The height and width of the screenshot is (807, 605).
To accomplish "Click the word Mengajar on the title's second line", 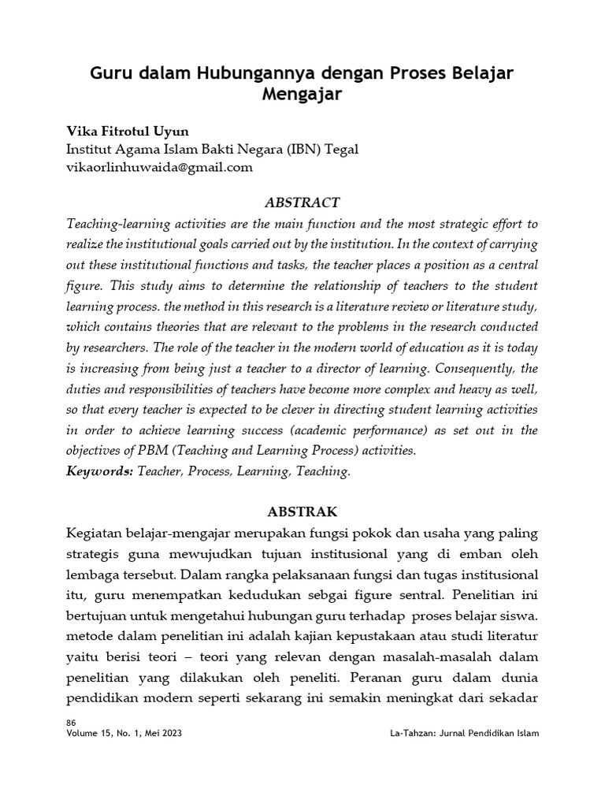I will pos(302,96).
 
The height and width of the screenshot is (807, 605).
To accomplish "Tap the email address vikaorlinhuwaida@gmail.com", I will pos(161,167).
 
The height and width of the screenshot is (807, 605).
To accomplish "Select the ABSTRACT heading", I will pos(302,203).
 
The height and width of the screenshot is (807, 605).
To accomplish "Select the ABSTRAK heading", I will pos(302,511).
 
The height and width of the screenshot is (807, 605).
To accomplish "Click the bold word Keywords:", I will pos(102,471).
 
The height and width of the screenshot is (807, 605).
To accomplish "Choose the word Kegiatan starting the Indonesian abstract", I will pos(97,534).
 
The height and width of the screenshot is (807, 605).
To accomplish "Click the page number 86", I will pos(72,722).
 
